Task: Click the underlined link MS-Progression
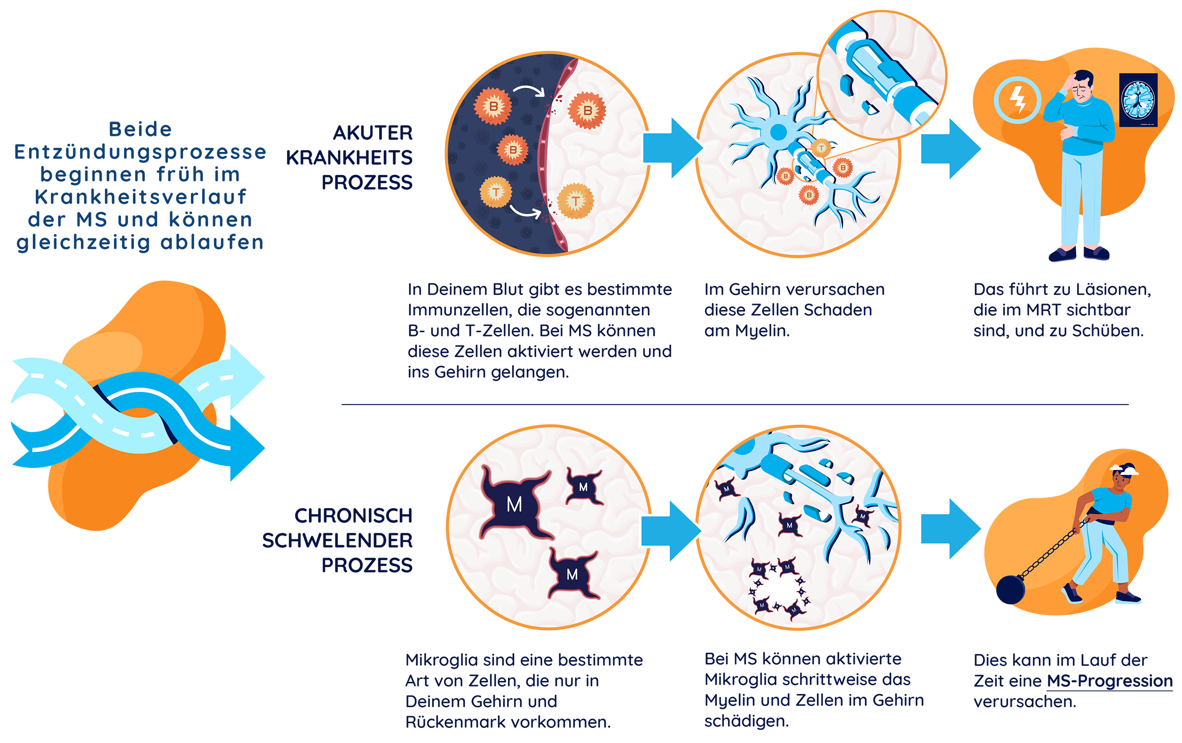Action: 1110,681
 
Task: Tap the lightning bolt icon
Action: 1017,100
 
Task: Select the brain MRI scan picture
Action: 1138,100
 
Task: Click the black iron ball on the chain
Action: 1011,589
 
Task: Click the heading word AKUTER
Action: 373,133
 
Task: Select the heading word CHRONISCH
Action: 353,516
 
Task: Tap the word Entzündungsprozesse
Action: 140,152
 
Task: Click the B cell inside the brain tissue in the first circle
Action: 587,111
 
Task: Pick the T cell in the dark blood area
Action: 496,192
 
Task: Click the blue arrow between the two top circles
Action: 673,148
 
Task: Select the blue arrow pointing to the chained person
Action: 951,529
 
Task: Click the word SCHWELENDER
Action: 337,540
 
